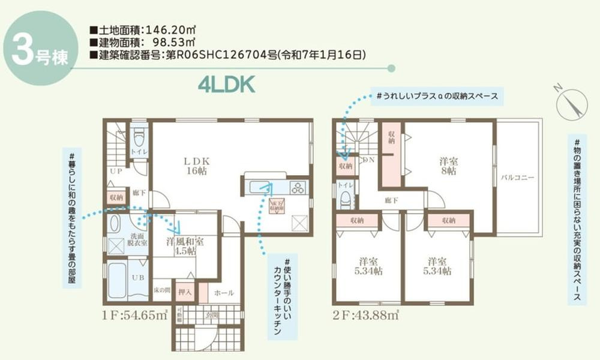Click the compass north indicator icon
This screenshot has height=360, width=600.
[x=571, y=104]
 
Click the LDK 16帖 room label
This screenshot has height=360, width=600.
[x=196, y=166]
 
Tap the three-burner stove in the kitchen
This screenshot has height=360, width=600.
[x=298, y=187]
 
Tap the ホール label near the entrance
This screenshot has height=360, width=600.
[x=224, y=293]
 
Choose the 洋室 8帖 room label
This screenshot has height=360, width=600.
[x=448, y=166]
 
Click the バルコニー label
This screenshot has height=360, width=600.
[x=518, y=178]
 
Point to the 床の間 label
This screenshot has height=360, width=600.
[x=161, y=290]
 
